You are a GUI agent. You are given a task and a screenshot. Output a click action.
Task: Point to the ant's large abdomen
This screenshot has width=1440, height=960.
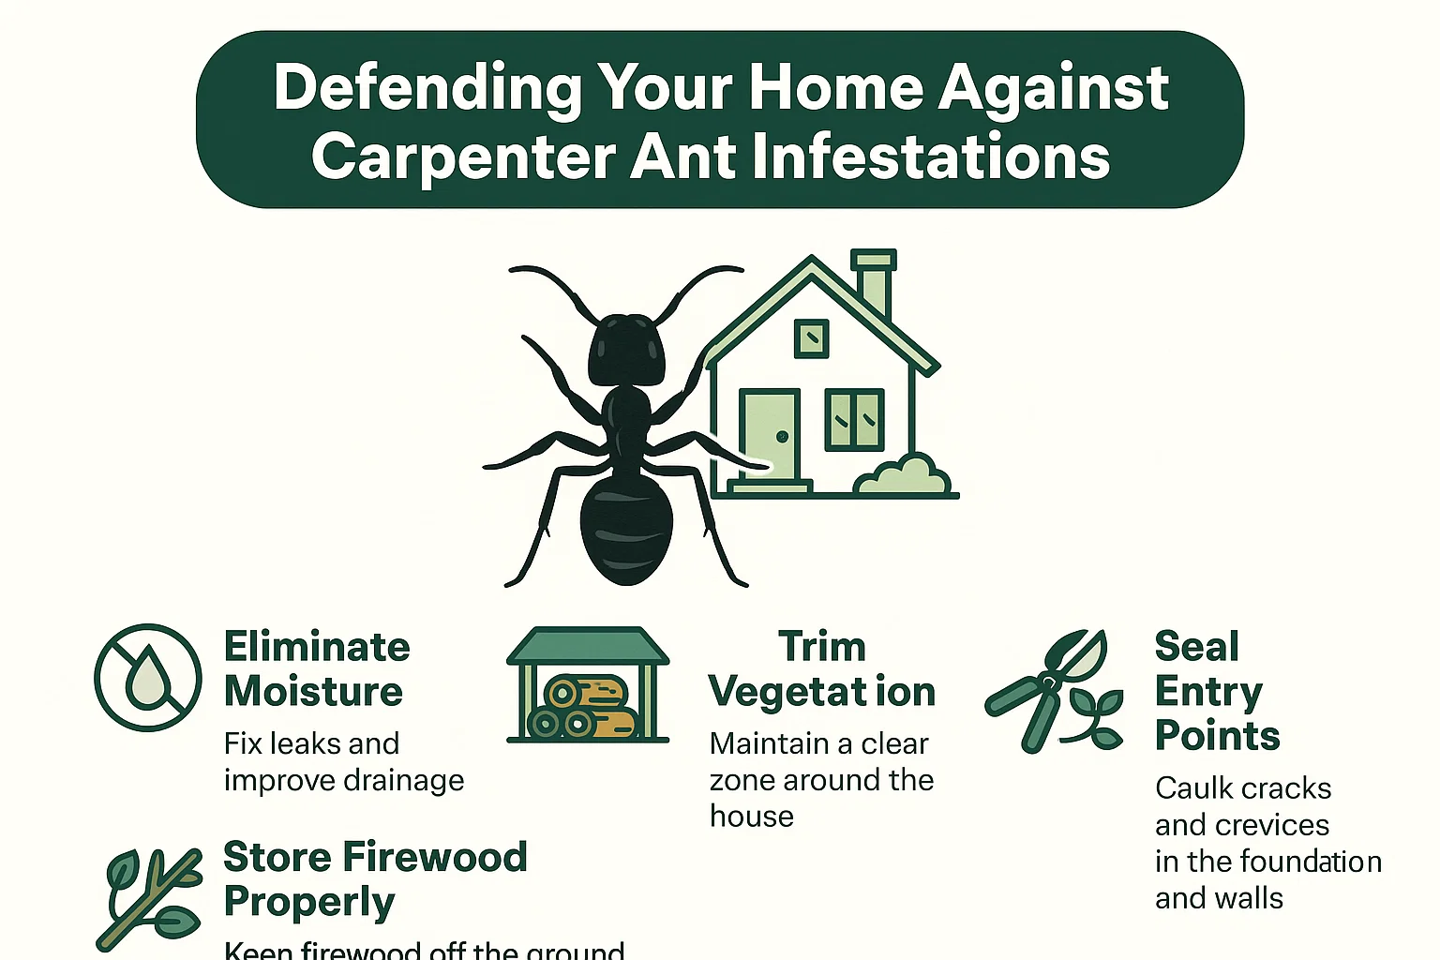626,525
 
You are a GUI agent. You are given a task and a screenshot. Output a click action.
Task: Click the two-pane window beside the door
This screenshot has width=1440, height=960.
854,419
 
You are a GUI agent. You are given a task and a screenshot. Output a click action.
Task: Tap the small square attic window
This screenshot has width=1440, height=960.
811,337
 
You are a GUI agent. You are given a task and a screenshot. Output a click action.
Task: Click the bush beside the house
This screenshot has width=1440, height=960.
904,475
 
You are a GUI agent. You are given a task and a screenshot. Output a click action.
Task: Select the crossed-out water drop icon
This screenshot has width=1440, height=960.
148,677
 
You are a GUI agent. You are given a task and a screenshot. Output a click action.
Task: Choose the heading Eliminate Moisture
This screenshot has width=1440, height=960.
316,669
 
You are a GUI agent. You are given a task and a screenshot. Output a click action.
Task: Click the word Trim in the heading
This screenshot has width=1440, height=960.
822,647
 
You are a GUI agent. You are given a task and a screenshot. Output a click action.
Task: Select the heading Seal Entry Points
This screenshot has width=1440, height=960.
1216,691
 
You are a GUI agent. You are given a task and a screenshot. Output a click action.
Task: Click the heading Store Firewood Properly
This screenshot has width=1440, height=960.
374,878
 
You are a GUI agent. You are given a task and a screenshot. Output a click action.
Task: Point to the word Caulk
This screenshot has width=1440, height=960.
1190,788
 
